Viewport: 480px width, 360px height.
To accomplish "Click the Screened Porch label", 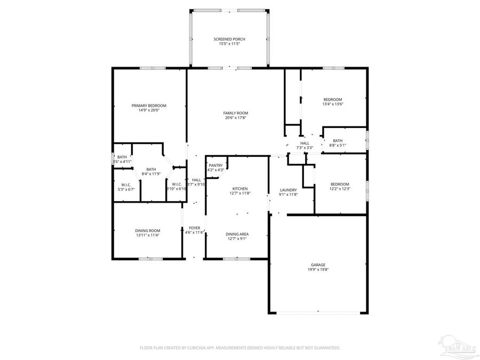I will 229,39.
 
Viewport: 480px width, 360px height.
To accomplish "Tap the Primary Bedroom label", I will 149,105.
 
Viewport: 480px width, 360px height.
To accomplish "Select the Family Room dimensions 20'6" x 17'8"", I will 235,118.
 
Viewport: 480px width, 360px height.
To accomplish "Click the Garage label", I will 318,265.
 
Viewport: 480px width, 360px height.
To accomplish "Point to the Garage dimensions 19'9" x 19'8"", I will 318,270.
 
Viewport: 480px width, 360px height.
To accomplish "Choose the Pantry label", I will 215,165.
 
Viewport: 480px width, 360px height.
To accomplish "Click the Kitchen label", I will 239,189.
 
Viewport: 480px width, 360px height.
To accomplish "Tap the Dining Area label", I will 237,234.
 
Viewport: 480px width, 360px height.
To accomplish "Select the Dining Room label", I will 147,230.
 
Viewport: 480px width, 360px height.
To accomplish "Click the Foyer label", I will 194,228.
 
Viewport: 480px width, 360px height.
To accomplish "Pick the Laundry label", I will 289,190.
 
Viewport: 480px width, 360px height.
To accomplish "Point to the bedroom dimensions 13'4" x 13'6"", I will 333,105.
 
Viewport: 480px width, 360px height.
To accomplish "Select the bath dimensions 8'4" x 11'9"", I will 151,174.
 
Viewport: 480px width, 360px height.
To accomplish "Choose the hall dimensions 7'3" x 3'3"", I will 305,148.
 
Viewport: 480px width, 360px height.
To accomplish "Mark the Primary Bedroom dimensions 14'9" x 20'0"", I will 149,110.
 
